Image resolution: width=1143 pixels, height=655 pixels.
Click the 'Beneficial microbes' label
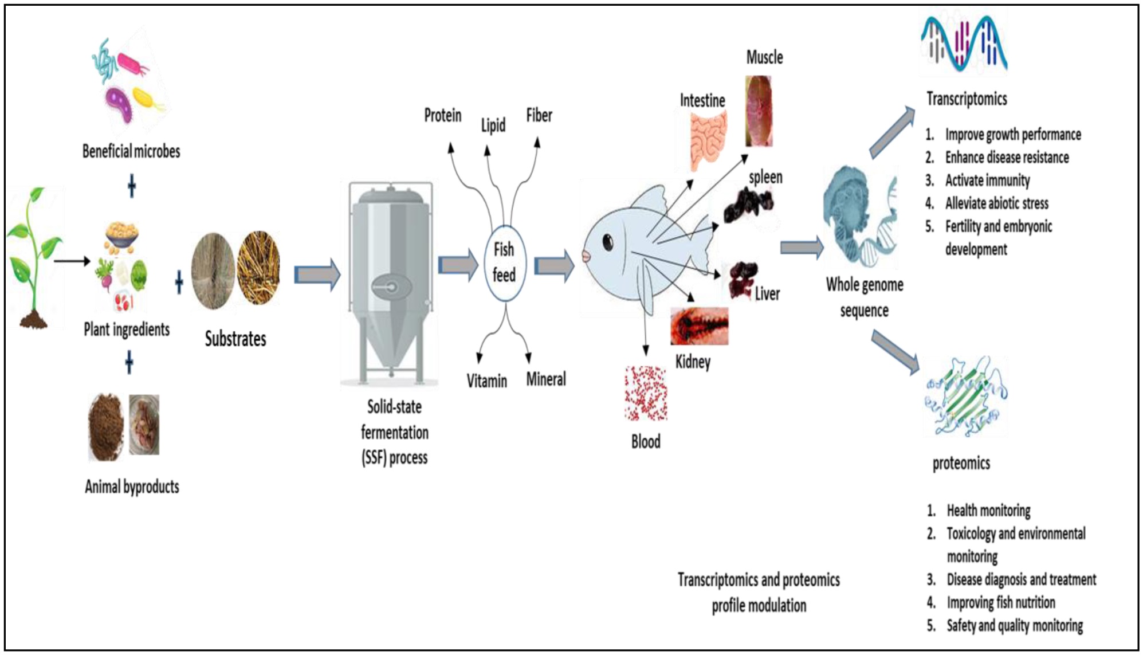[x=131, y=151]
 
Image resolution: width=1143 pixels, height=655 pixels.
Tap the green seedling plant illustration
[x=33, y=258]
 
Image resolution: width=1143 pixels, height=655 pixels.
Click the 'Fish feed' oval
[x=504, y=262]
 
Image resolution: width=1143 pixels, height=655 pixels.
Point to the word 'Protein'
[x=442, y=116]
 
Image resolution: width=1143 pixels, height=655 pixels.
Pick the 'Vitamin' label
[x=486, y=381]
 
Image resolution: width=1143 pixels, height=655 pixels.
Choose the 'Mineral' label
[x=546, y=379]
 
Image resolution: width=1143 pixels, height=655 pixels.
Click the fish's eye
[x=608, y=242]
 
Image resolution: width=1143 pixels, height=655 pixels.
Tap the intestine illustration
[x=708, y=140]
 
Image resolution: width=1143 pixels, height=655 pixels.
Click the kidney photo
[x=700, y=326]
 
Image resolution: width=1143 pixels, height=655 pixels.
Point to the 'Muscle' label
[x=764, y=57]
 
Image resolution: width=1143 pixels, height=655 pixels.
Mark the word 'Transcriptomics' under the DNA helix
[x=967, y=99]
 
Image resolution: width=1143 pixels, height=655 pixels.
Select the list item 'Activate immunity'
[x=987, y=181]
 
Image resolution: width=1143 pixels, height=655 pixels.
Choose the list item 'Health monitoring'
[x=988, y=511]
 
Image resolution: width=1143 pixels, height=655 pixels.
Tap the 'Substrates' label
[x=235, y=339]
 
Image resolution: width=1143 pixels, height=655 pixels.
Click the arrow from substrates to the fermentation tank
[x=317, y=275]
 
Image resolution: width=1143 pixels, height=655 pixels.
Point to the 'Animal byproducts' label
[x=132, y=487]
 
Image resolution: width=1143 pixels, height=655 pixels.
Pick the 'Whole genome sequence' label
[x=865, y=297]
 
